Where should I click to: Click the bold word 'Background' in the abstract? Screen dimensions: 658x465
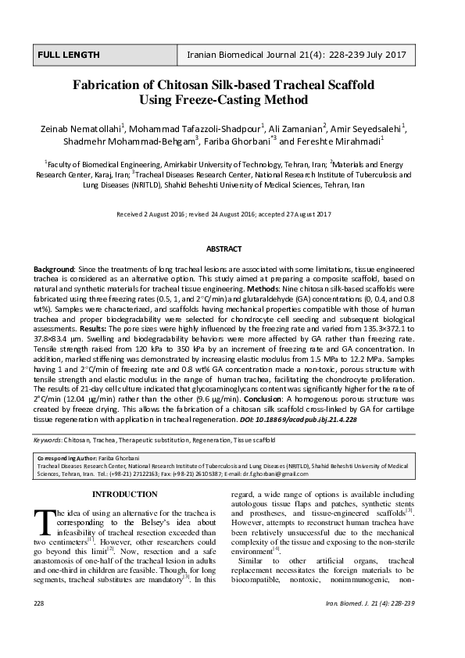coord(53,267)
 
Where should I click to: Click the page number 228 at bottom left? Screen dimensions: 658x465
coord(40,626)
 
